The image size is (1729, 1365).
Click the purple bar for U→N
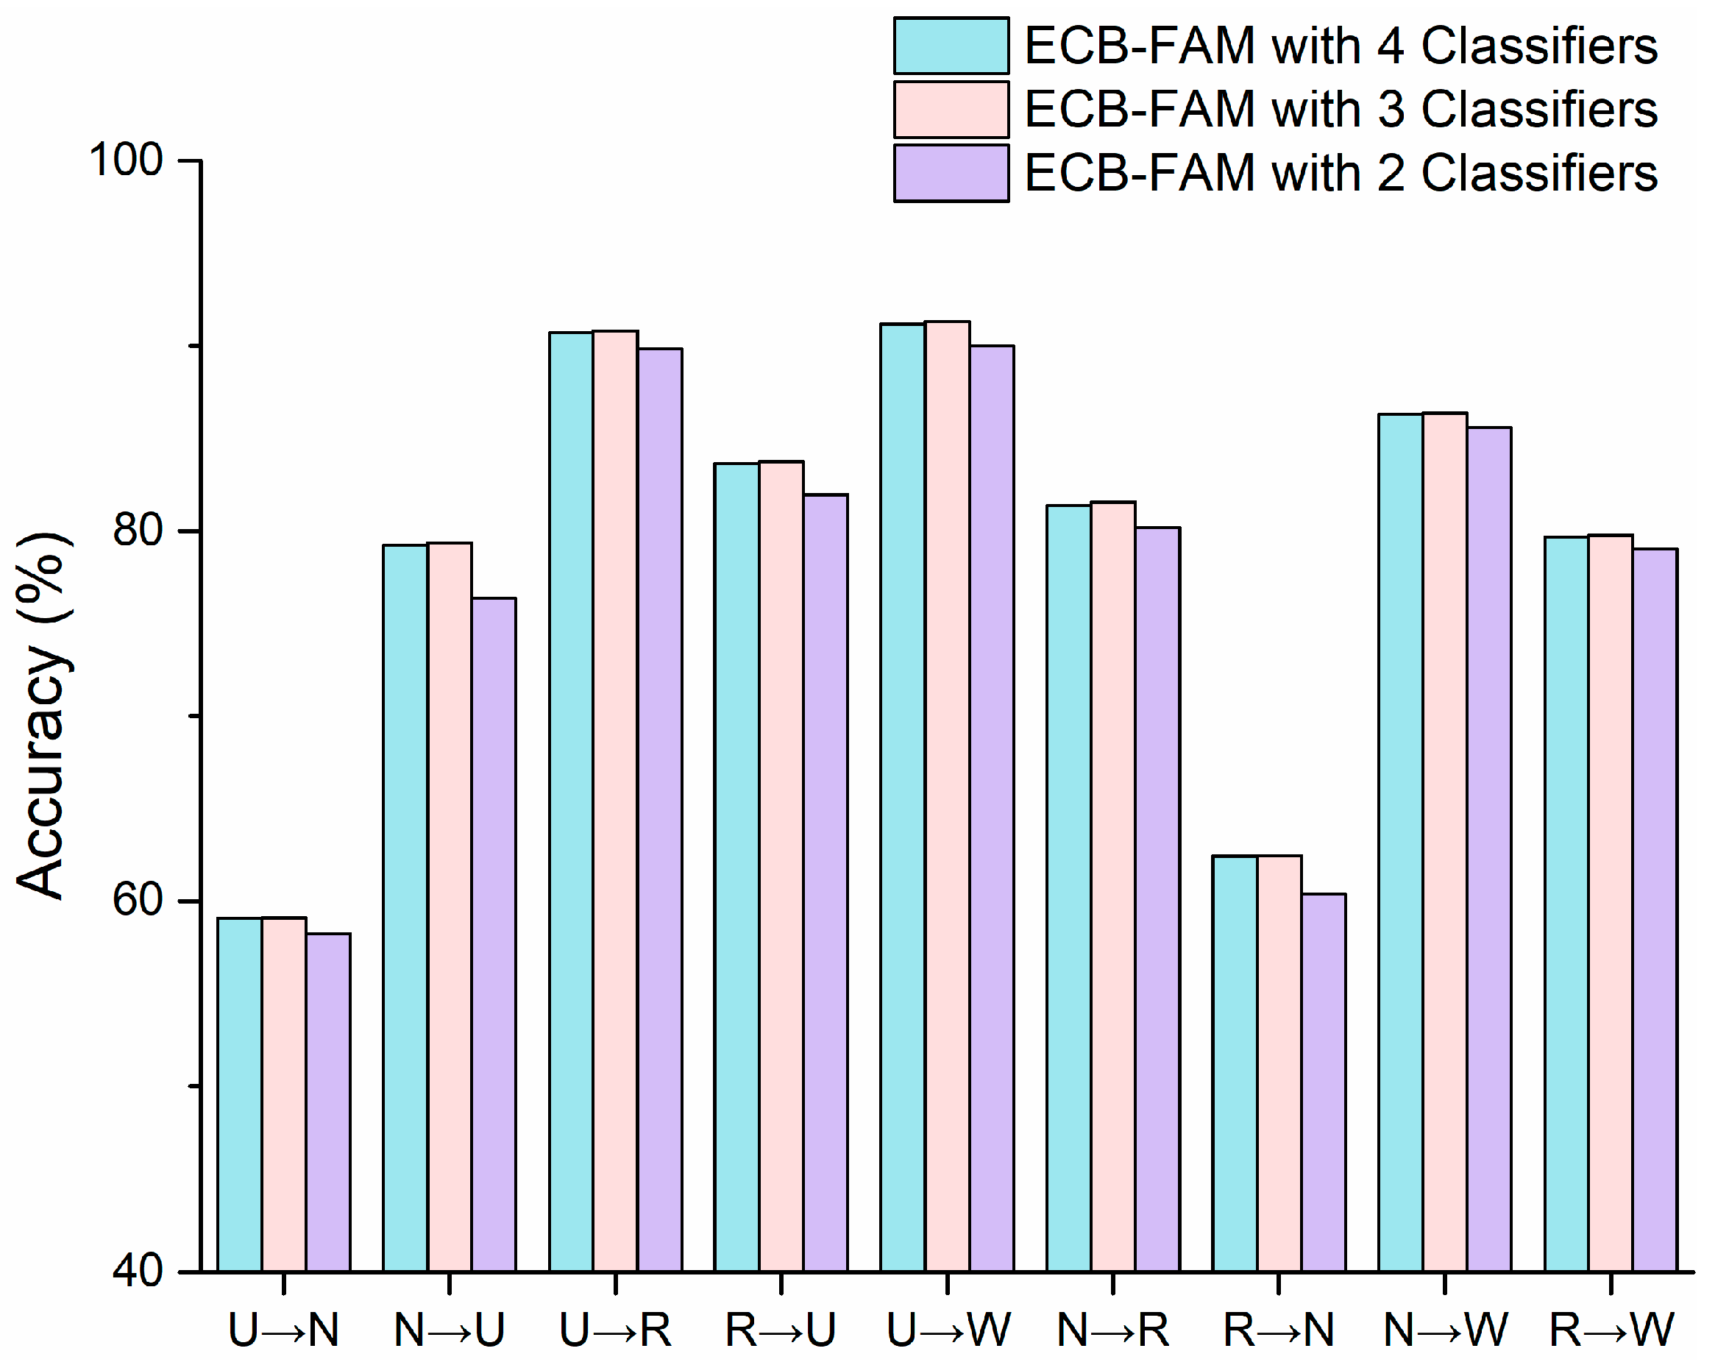click(328, 1103)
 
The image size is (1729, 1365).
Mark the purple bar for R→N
click(1323, 1083)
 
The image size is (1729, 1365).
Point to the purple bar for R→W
click(1655, 910)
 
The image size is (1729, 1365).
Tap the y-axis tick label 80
click(138, 529)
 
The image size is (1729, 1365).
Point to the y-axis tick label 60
click(138, 900)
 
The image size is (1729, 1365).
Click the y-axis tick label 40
click(138, 1270)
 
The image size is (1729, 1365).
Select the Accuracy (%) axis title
click(44, 715)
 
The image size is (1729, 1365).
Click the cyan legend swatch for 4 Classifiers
click(951, 46)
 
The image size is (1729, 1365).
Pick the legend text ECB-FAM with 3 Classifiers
click(1341, 110)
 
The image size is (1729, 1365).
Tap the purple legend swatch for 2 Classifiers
click(951, 173)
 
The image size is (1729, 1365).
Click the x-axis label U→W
click(948, 1330)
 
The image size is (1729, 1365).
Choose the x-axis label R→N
click(1279, 1330)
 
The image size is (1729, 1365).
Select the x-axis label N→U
click(450, 1330)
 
